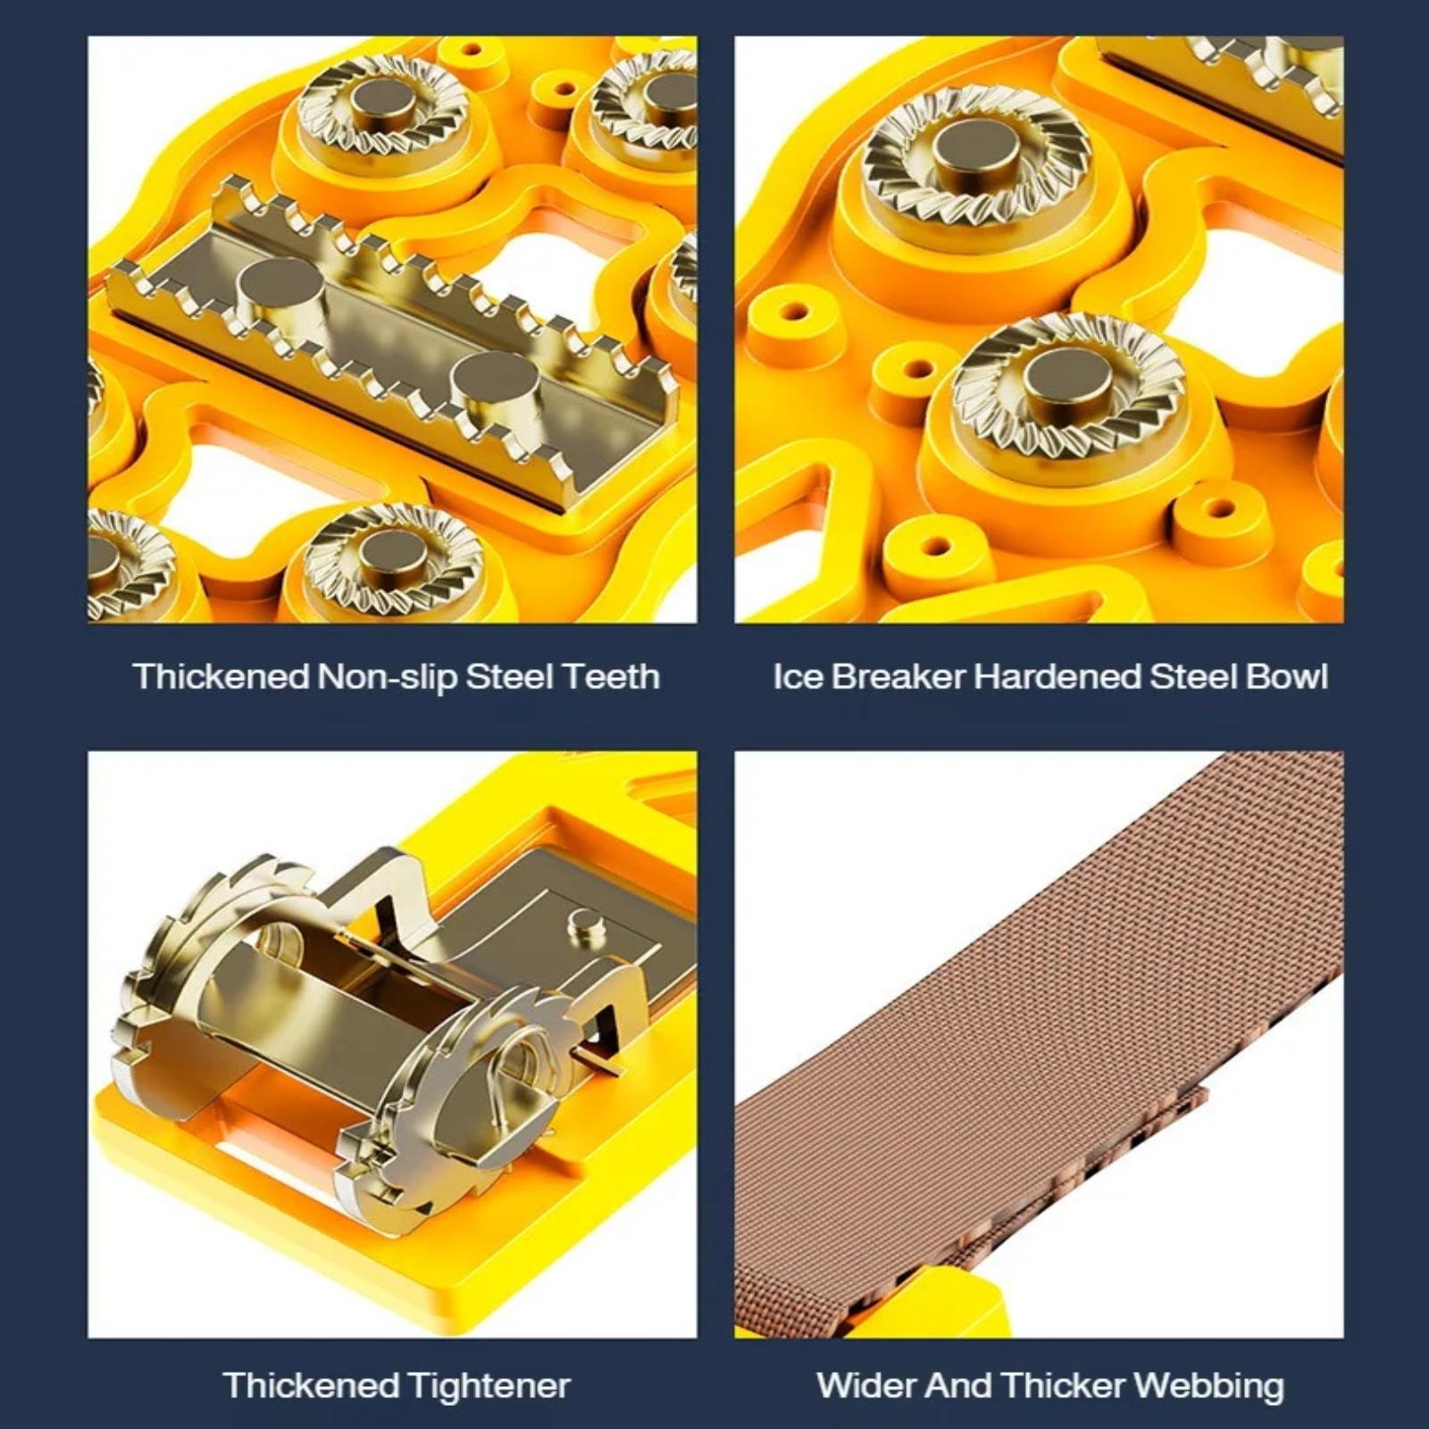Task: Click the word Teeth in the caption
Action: point(611,676)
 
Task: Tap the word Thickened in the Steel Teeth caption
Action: point(220,676)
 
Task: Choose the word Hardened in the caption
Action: point(1057,676)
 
